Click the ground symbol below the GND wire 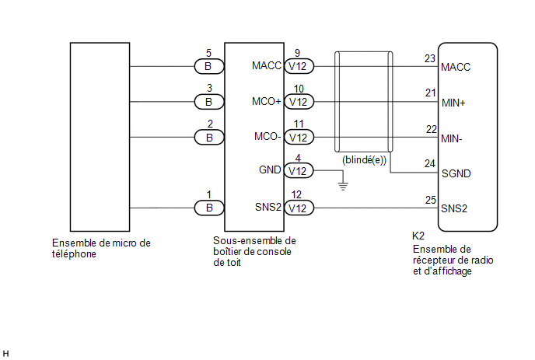point(343,186)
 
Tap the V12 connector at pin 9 point(299,66)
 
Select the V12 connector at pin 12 point(299,208)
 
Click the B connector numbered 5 point(209,66)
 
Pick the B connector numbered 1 point(209,208)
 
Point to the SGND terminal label point(456,173)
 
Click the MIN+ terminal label point(453,103)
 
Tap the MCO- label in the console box point(267,137)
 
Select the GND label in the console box point(270,170)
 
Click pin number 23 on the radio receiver point(430,58)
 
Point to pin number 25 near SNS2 point(431,200)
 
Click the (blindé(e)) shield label point(364,160)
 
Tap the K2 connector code point(418,236)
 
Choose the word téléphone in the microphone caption point(74,254)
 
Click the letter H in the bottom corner point(5,354)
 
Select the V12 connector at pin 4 point(299,171)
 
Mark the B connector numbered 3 point(209,102)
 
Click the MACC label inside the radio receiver point(456,67)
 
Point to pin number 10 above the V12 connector point(299,89)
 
